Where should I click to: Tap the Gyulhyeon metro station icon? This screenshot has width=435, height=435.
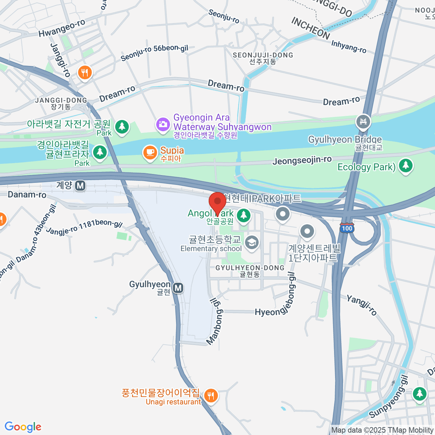(x=178, y=288)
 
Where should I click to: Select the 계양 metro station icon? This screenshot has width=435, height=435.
(x=80, y=186)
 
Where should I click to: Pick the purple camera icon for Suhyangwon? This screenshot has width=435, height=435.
(x=163, y=124)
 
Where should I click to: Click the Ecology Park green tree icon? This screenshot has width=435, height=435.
(x=406, y=166)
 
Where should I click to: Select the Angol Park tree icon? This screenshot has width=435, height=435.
(x=244, y=215)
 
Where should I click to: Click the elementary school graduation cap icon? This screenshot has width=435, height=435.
(x=251, y=243)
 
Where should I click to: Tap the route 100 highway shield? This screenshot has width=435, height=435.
(x=347, y=228)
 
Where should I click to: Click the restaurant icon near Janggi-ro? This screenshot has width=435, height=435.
(x=85, y=73)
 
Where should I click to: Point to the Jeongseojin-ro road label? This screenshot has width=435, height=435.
(x=302, y=161)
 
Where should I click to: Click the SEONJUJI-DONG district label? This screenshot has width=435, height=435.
(x=263, y=55)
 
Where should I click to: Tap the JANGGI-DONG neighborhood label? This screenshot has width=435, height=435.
(x=61, y=100)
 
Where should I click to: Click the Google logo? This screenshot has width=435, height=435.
(x=23, y=427)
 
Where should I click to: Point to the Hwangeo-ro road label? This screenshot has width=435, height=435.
(x=62, y=28)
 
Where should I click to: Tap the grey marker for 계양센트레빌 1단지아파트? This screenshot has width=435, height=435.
(x=307, y=231)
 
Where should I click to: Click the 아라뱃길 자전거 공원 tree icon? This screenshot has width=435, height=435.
(x=122, y=127)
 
